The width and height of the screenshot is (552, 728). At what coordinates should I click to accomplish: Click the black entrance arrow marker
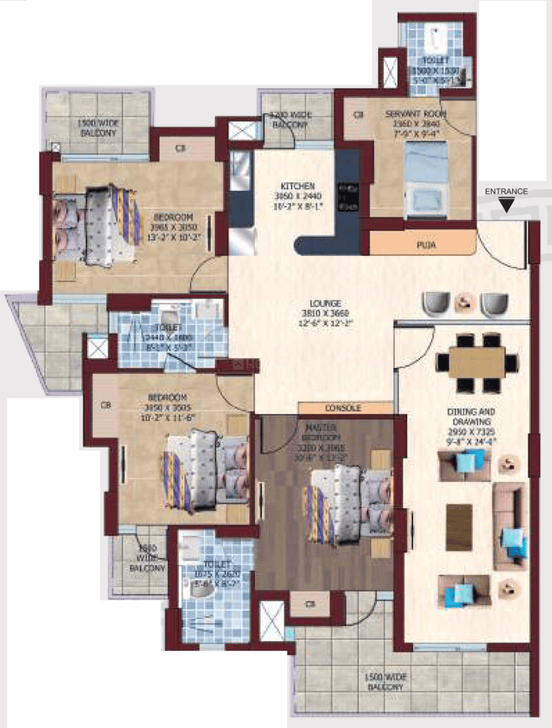coord(522,204)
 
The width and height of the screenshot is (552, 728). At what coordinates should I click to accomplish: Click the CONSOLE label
coord(343,408)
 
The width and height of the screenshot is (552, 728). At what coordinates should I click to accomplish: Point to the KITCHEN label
coord(297,186)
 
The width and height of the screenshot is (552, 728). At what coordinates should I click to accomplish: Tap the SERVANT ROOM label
coord(415,113)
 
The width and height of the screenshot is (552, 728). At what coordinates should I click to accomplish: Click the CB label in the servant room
coord(358,113)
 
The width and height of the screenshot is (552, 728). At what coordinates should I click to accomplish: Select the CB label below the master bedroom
coord(310,602)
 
